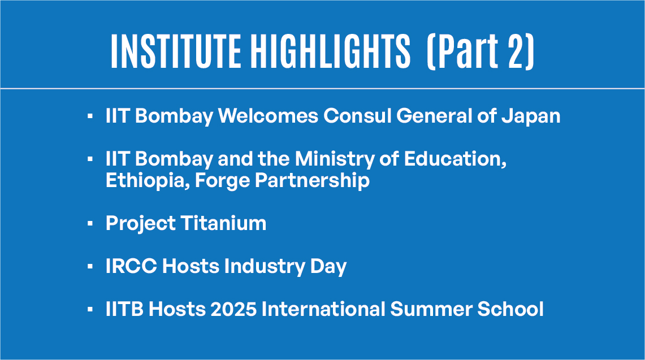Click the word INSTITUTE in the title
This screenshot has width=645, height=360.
[x=176, y=51]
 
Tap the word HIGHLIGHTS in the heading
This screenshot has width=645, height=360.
[x=331, y=51]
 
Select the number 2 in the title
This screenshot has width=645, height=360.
[x=517, y=51]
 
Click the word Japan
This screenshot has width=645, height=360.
[x=531, y=116]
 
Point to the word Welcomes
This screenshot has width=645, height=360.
[x=268, y=116]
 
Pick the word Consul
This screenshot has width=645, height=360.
[x=357, y=116]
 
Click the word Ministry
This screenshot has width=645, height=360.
[x=335, y=159]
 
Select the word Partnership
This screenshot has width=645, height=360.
[x=312, y=181]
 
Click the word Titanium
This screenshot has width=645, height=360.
[x=224, y=223]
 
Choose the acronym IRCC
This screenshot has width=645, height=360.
[x=131, y=266]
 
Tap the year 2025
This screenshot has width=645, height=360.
[x=233, y=309]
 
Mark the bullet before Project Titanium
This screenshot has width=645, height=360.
[x=90, y=224]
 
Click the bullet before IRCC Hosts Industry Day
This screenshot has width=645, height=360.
[x=90, y=267]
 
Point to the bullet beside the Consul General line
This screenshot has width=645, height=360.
[x=90, y=116]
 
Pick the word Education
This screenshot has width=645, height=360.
[x=455, y=159]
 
